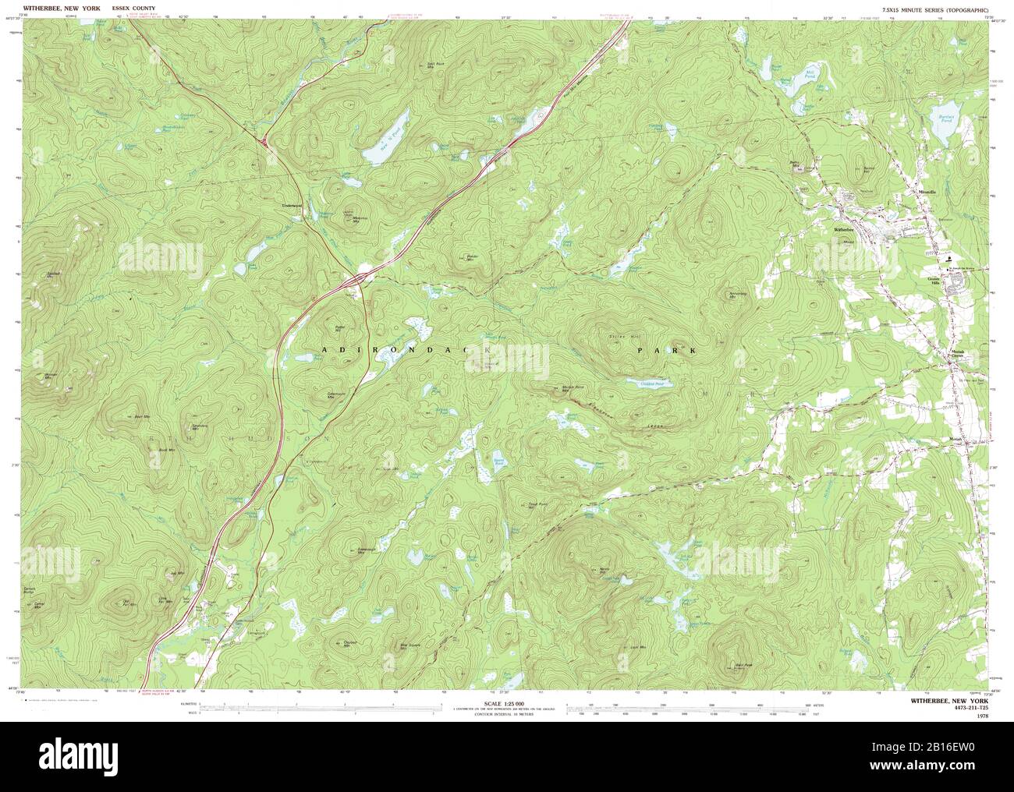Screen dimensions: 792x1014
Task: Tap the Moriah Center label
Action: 958,355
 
